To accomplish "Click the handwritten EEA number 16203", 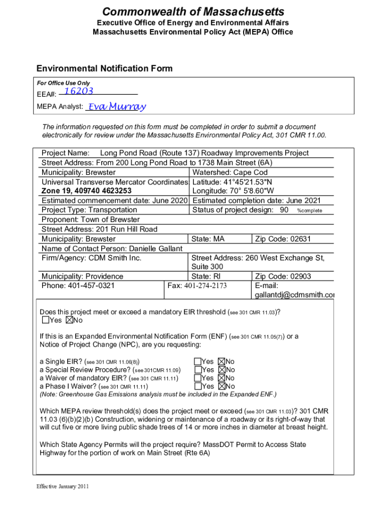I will (79, 91).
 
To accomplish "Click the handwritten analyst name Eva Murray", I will (116, 106).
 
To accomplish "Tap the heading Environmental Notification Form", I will (104, 69).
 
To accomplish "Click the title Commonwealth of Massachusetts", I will (193, 12).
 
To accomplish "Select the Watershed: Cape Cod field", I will (230, 172).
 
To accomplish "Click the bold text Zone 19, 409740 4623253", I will (87, 191).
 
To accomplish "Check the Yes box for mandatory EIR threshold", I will (46, 320).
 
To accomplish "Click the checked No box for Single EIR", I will (222, 361).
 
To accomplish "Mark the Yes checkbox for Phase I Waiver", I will (197, 386).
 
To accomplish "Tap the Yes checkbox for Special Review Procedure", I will (197, 370).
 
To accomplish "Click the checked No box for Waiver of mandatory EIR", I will (222, 378).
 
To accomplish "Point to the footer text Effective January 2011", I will (63, 486).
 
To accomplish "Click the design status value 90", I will (284, 210).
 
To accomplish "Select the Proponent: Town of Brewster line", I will (91, 219).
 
